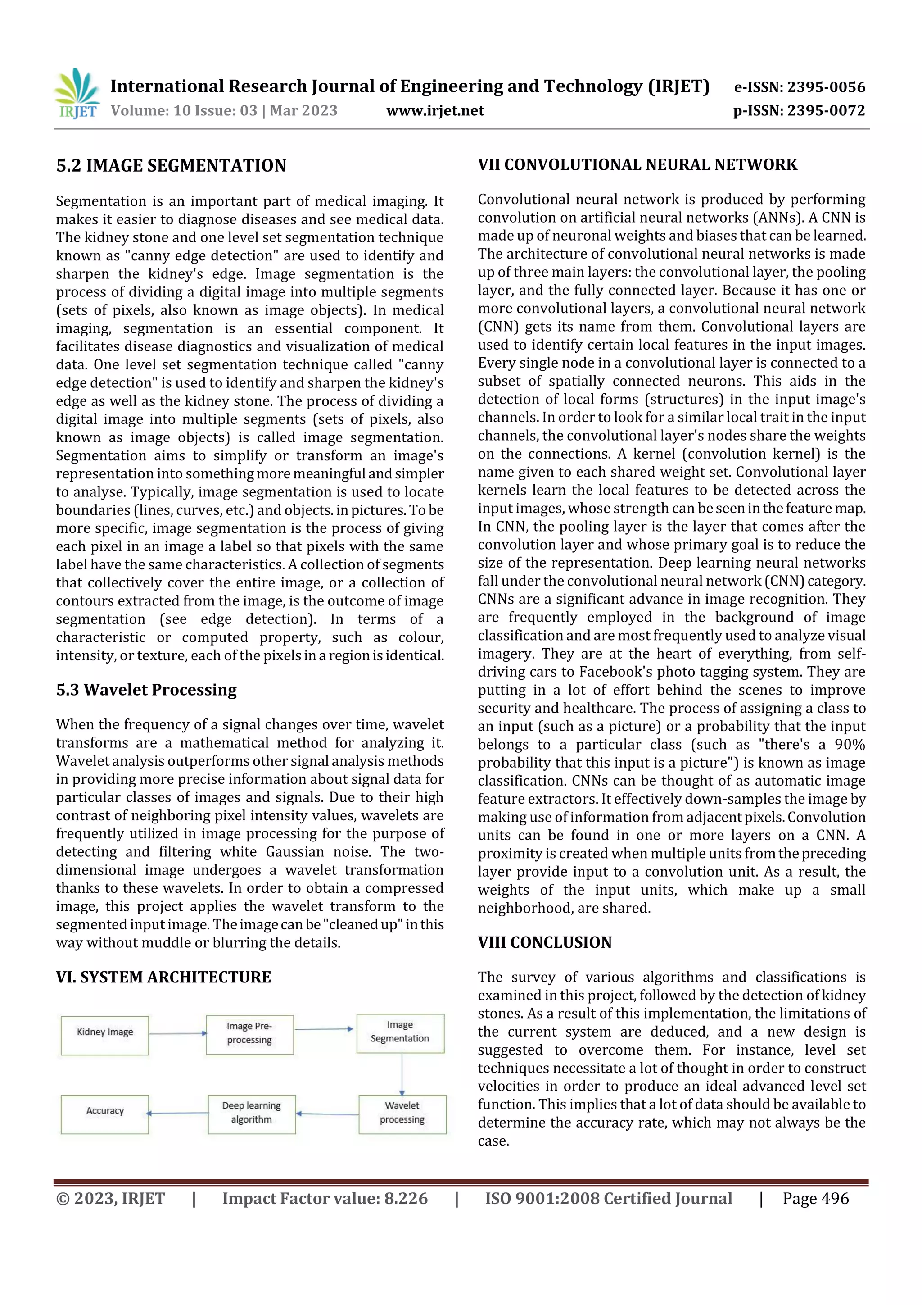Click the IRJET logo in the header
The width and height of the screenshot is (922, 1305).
click(x=77, y=94)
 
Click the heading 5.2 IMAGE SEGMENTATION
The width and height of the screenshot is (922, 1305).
click(x=171, y=166)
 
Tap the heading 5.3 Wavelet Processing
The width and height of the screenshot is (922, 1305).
click(x=146, y=690)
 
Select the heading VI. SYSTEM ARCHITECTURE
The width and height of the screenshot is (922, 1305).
click(x=163, y=977)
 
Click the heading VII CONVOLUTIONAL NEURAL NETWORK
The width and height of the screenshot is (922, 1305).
click(x=637, y=165)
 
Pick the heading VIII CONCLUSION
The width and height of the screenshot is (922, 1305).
click(x=544, y=942)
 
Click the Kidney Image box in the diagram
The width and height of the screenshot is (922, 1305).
click(x=104, y=1036)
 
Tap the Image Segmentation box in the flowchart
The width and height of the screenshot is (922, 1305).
click(x=400, y=1033)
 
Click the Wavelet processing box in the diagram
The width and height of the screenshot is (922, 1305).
click(x=402, y=1114)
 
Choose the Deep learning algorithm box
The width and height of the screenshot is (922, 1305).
click(x=252, y=1114)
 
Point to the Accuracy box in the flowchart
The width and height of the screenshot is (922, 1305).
click(x=104, y=1114)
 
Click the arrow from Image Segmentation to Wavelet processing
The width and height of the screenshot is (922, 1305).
click(x=402, y=1074)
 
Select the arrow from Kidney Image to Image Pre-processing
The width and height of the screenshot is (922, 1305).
click(x=177, y=1034)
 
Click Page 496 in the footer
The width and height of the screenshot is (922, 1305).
click(x=815, y=1199)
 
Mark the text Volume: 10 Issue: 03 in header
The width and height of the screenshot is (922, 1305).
click(x=184, y=111)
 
